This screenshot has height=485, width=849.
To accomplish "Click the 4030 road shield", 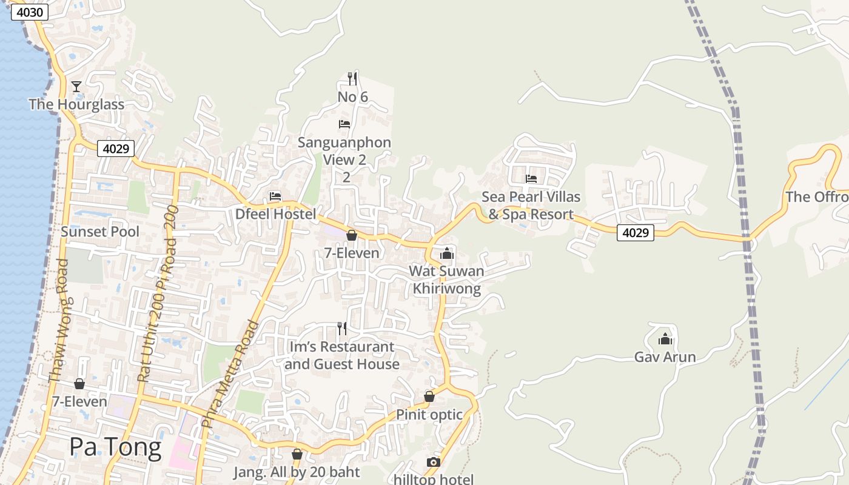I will click(x=30, y=12).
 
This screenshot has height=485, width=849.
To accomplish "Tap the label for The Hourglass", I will click(x=76, y=104).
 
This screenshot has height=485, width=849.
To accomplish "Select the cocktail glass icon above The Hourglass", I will click(x=76, y=87).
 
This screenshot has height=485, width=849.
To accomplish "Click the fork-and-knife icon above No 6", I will click(x=352, y=78).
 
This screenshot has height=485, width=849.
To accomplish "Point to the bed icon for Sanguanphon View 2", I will click(x=344, y=124).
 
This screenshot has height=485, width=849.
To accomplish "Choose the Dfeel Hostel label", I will click(x=276, y=214).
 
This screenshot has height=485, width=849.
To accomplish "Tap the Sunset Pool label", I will click(x=100, y=232).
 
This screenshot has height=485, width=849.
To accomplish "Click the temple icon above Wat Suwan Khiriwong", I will click(x=447, y=253).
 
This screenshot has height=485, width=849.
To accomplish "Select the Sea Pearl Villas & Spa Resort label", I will click(x=531, y=206).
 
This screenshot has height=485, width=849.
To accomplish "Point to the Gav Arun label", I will click(x=665, y=357).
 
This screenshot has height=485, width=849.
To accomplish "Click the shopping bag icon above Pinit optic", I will click(x=429, y=397).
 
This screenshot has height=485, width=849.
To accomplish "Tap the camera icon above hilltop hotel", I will click(x=433, y=463).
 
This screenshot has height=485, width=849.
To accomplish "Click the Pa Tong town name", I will click(x=115, y=447).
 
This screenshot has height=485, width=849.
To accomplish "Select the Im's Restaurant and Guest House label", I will click(x=342, y=355).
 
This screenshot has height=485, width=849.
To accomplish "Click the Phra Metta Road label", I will click(x=229, y=374).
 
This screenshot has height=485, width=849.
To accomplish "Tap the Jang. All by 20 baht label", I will click(x=297, y=472).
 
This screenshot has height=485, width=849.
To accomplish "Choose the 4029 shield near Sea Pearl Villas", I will click(x=636, y=232).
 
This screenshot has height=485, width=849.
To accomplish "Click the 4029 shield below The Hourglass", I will click(x=115, y=149).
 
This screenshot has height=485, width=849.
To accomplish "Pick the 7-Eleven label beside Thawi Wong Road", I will click(x=79, y=401).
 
